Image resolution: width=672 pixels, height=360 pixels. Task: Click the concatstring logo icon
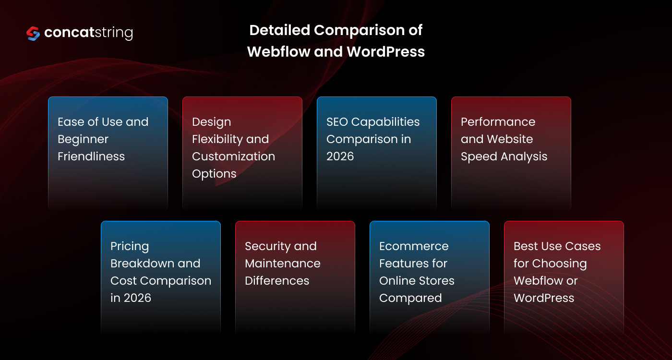coord(33,33)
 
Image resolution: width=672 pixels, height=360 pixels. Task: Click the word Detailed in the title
coord(279,30)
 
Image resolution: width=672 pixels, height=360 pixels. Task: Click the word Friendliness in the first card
coord(91,156)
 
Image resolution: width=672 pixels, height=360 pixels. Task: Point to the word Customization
coord(233,156)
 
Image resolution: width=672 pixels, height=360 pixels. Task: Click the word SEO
coord(337,122)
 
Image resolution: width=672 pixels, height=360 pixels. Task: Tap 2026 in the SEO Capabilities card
coord(340,156)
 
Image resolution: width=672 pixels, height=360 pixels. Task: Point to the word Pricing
coord(130,246)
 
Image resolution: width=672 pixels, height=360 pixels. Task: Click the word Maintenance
coord(282,264)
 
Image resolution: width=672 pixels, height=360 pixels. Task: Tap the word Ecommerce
coord(414,246)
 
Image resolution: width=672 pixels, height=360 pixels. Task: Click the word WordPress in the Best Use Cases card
coord(544,298)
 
